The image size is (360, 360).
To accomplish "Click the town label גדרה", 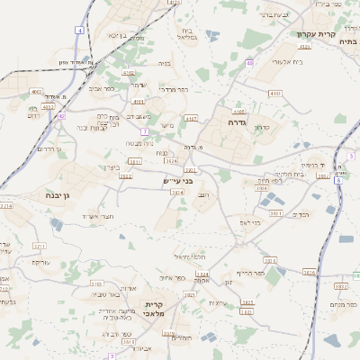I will [x=238, y=121].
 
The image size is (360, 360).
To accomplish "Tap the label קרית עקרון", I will [x=316, y=34].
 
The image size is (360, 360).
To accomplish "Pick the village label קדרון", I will [x=261, y=127].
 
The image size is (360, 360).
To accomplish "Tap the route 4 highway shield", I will [x=79, y=31].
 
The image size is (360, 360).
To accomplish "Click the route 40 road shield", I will [x=249, y=62].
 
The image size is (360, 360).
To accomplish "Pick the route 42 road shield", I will [x=61, y=116].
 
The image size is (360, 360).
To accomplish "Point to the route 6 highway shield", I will [x=338, y=180].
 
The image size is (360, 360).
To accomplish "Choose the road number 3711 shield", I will [x=39, y=245].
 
